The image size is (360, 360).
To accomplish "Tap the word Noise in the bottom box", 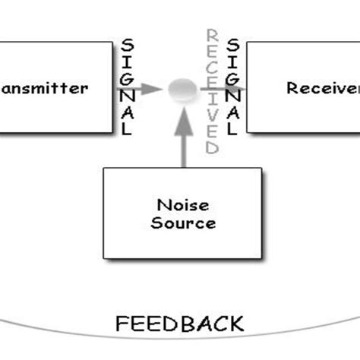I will [182, 205].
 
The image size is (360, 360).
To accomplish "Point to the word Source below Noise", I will [182, 223].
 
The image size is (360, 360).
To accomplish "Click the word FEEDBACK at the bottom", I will [180, 324].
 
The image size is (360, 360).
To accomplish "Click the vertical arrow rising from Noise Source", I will [182, 137].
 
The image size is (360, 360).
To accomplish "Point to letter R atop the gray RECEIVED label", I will [213, 35].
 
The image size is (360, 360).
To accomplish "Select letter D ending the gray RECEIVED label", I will [213, 147].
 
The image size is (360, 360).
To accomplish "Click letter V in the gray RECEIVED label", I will [213, 115].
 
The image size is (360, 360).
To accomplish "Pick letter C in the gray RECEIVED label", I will [213, 67].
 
